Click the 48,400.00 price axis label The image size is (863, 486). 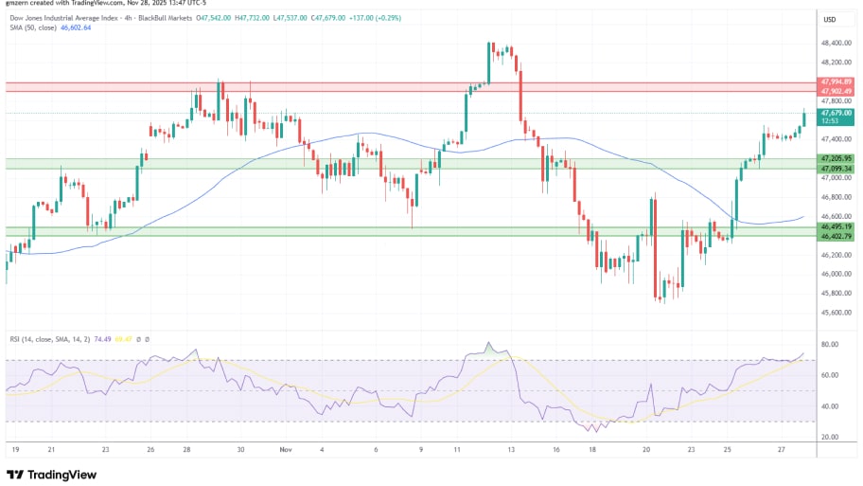coord(837,43)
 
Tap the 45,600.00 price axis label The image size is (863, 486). coord(837,313)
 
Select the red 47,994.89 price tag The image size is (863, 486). coord(837,82)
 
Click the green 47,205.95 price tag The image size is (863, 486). coord(837,158)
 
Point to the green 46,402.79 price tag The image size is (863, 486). coord(837,236)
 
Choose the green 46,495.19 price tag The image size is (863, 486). coord(837,227)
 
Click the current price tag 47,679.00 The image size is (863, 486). coord(837,112)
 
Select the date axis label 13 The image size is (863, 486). coord(511,451)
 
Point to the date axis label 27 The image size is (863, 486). coord(782,451)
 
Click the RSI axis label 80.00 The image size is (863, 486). coord(832,345)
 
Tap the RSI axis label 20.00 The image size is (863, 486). coord(832,437)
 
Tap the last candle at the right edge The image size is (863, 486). coord(804,117)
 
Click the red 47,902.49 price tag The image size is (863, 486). coord(837,91)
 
